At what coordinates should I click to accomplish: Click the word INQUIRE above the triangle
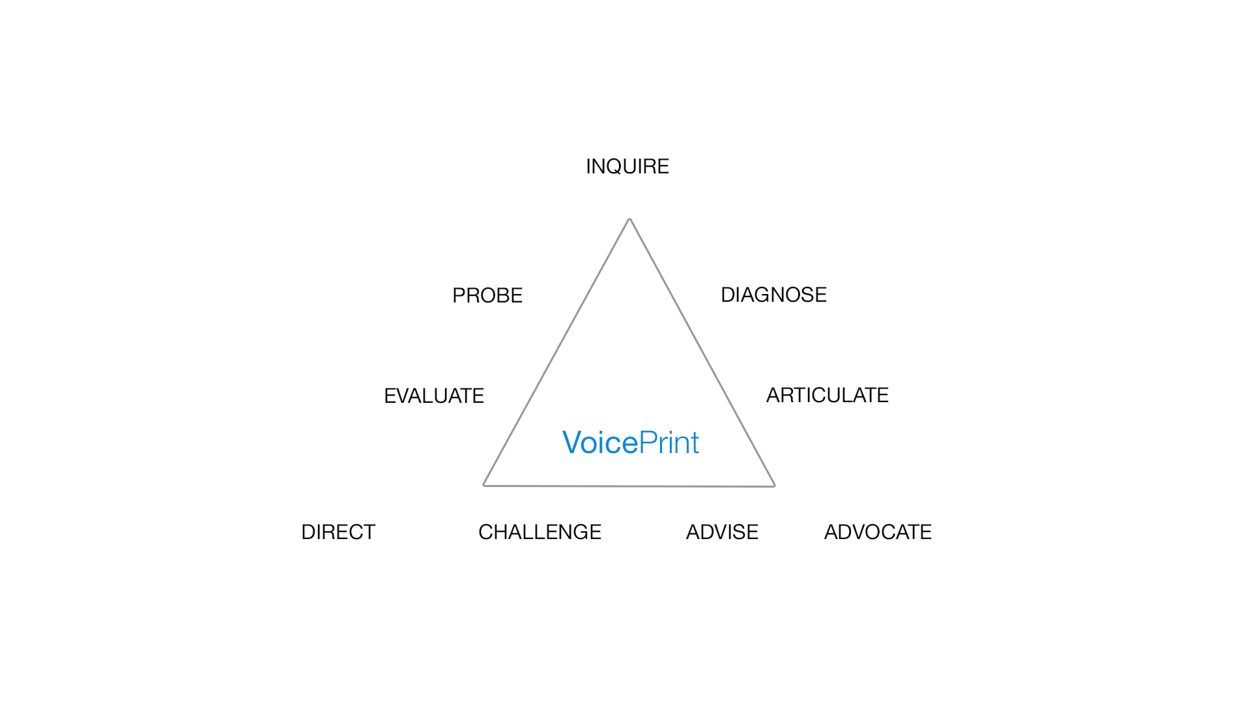coord(627,167)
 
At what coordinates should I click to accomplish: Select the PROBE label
coord(487,296)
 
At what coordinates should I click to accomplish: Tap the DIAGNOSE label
coord(773,295)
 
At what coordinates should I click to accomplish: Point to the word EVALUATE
coord(434,396)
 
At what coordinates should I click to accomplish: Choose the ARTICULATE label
coord(827,396)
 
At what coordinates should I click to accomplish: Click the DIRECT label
coord(338,533)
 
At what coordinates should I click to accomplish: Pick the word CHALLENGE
coord(539,533)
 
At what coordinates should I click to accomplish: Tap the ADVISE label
coord(722,533)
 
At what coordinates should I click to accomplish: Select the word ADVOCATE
coord(878,533)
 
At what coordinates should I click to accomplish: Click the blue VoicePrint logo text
coord(631,443)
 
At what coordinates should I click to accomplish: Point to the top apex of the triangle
coord(629,219)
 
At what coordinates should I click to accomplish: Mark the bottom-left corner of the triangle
coord(483,485)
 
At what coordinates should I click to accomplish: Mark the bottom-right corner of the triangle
coord(775,486)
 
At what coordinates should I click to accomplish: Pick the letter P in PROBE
coord(459,296)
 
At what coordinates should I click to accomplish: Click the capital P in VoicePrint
coord(647,443)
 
